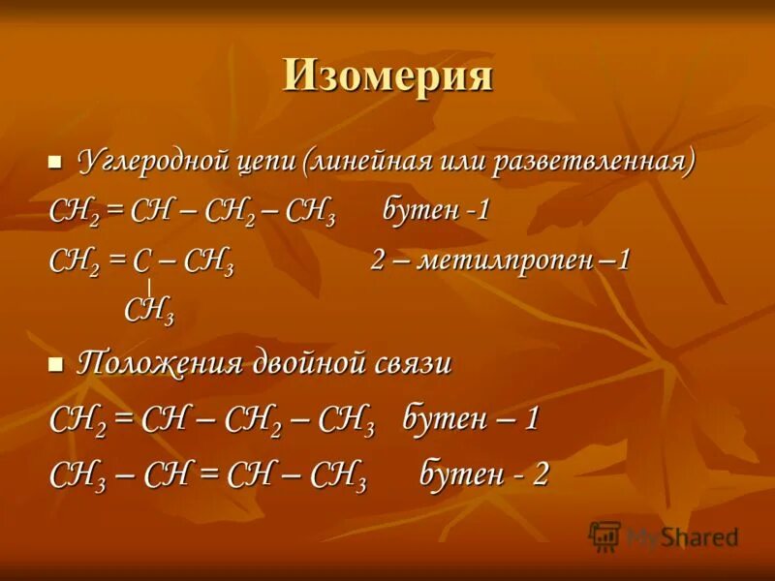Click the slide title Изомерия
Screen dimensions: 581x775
tap(387, 76)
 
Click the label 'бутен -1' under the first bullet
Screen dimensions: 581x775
tap(435, 210)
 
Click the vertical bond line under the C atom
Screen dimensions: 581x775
tap(148, 287)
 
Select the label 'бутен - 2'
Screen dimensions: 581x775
tap(483, 474)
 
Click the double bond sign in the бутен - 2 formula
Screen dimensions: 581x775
tap(206, 474)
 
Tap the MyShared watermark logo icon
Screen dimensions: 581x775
tap(604, 535)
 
